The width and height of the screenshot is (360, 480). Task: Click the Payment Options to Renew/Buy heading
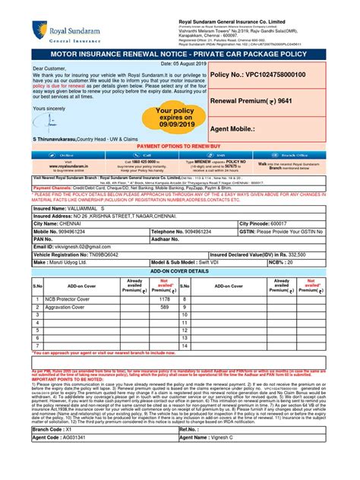point(180,144)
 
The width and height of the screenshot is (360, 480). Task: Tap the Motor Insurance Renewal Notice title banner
point(180,55)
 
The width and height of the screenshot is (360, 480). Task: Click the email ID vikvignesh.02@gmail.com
point(81,246)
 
